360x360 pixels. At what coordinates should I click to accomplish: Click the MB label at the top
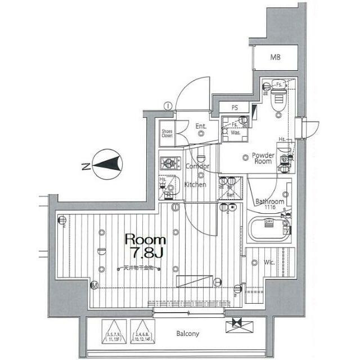coord(274,58)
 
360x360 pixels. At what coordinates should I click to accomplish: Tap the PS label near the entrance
coord(235,108)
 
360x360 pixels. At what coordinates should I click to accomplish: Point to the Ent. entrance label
coord(200,127)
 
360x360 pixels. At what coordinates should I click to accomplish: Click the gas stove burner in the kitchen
coord(168,164)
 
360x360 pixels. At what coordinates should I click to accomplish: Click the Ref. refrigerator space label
coord(230,195)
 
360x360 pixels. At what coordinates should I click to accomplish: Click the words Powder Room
coord(263,158)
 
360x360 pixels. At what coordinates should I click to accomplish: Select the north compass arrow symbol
coord(107,164)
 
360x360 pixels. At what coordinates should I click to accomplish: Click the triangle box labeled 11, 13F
coord(114,331)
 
